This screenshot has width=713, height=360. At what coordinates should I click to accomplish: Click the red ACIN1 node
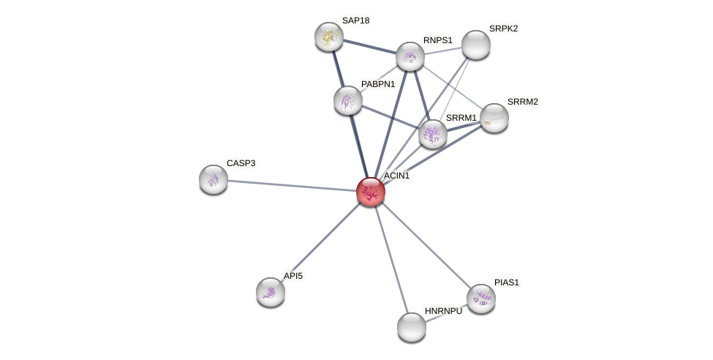pos(371,192)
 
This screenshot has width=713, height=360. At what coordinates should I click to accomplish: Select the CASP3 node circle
pos(214,179)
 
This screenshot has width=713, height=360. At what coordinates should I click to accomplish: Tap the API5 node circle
pos(271,292)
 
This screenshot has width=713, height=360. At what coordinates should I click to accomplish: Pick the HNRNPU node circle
pos(412,327)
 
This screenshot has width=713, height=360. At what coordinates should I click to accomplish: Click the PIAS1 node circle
pos(481,299)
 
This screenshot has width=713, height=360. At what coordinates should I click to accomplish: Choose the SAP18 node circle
pos(329,37)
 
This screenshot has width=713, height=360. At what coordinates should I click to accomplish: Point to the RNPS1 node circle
pos(410,56)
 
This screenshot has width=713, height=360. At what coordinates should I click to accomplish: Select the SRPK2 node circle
pos(476,45)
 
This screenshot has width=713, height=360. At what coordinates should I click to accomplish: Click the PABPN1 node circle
pos(348,100)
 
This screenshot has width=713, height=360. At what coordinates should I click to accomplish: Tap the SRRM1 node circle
pos(433,134)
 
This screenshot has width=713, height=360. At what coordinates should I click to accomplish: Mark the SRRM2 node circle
pos(494,118)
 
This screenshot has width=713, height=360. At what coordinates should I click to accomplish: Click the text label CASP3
pos(241,163)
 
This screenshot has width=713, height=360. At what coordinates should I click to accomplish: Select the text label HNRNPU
pos(443,311)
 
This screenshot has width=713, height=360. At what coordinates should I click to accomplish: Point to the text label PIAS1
pos(506,282)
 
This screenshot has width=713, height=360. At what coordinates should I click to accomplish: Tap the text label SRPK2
pos(503,29)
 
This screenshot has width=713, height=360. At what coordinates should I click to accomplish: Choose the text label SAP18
pos(355,20)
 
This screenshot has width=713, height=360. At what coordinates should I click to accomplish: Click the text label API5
pos(293,276)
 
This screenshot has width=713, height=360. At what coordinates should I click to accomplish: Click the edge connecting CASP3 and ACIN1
pos(293,185)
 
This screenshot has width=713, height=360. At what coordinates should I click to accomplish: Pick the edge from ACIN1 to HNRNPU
pos(391,259)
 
